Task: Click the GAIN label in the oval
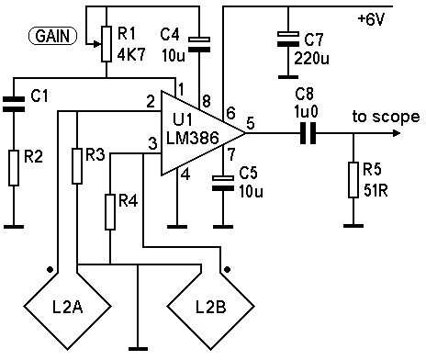[52, 36]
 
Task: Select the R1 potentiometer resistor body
[106, 44]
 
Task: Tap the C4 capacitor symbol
[199, 44]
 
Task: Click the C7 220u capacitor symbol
[288, 39]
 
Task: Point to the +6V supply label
[371, 19]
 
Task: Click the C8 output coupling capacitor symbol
[308, 133]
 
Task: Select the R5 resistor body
[353, 180]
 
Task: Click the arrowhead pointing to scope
[397, 133]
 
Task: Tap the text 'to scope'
[386, 117]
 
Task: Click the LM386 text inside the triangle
[193, 138]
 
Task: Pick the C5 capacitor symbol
[223, 183]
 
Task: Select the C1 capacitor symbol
[14, 104]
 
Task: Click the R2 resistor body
[14, 168]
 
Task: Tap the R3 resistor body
[77, 166]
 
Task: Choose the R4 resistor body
[110, 211]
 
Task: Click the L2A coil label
[68, 308]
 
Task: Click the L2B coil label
[211, 308]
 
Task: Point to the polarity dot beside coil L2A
[50, 269]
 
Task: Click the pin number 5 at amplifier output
[251, 123]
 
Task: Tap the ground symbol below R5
[353, 226]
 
